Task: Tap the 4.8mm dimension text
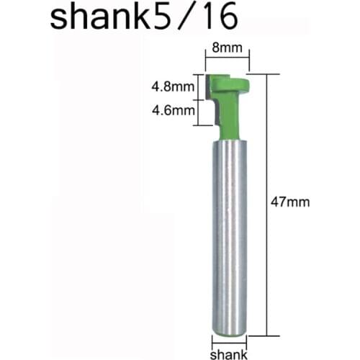tap(171, 87)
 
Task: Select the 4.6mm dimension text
tap(171, 111)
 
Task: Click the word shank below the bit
tap(229, 354)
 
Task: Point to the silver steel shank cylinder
tap(229, 230)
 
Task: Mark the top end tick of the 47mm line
tap(268, 73)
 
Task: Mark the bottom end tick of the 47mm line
tap(268, 336)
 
